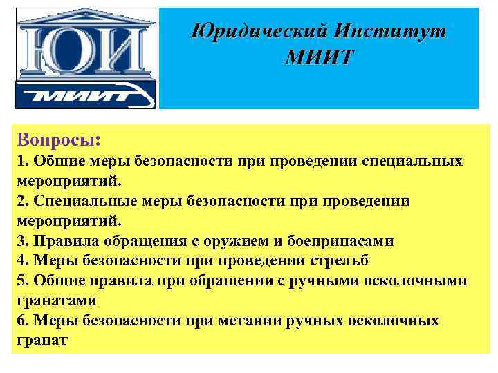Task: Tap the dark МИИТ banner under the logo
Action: tap(86, 95)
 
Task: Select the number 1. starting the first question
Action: tap(22, 161)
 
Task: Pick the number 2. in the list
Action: tap(22, 201)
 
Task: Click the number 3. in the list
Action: tap(22, 241)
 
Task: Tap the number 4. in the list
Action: tap(22, 261)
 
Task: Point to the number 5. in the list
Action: tap(22, 281)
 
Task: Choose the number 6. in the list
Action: tap(22, 321)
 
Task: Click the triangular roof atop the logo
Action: tap(86, 15)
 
